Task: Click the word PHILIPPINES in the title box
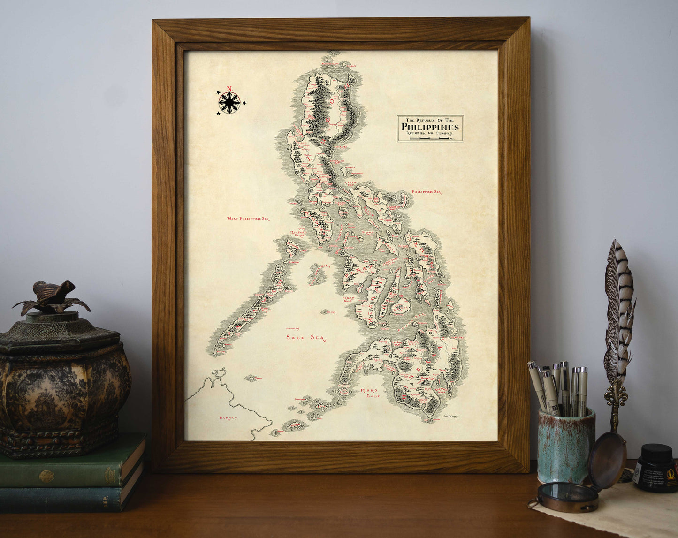[430, 127]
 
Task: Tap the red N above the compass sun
[229, 89]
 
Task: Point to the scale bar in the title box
[428, 138]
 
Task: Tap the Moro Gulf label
[370, 393]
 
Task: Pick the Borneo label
[229, 417]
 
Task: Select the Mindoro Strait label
[298, 233]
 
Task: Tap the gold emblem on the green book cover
[46, 477]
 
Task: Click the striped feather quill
[619, 310]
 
